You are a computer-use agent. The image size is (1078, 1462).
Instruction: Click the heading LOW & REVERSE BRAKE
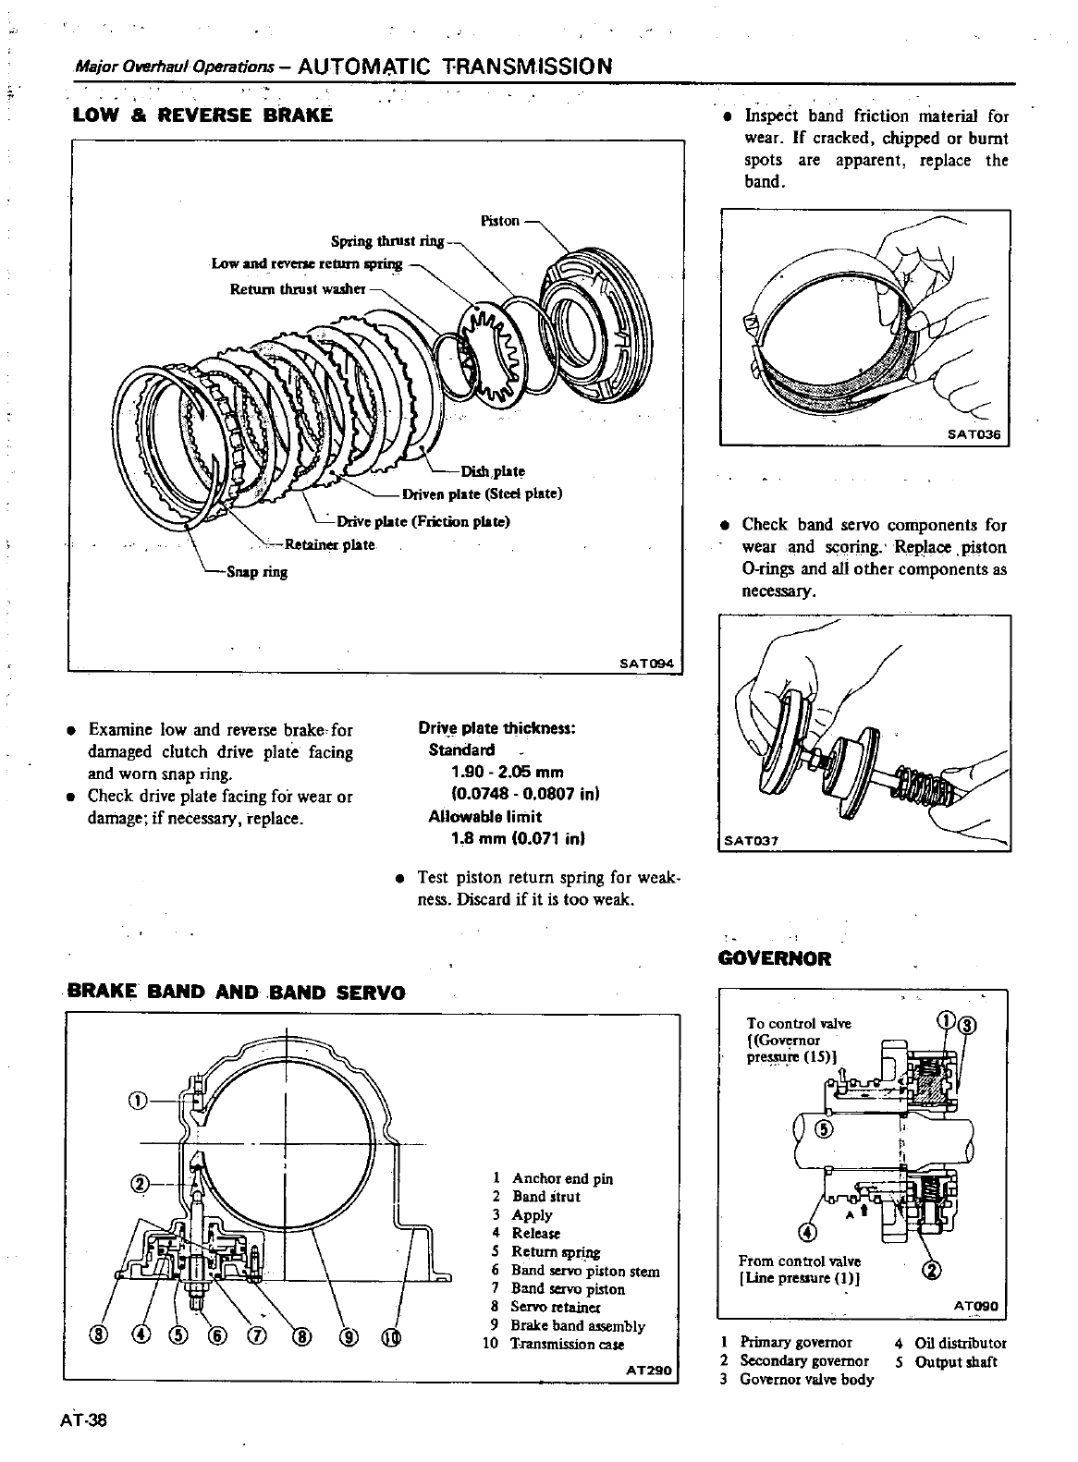tap(202, 116)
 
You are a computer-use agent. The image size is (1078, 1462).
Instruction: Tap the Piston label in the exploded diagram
tap(500, 221)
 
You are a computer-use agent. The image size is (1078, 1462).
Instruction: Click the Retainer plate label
tap(329, 544)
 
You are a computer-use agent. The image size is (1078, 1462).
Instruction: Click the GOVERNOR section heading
tap(775, 958)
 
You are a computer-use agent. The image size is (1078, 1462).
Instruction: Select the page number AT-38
tap(84, 1420)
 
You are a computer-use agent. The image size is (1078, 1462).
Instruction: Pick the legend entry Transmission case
tap(567, 1344)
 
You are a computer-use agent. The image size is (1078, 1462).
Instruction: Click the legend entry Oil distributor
tap(960, 1343)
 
